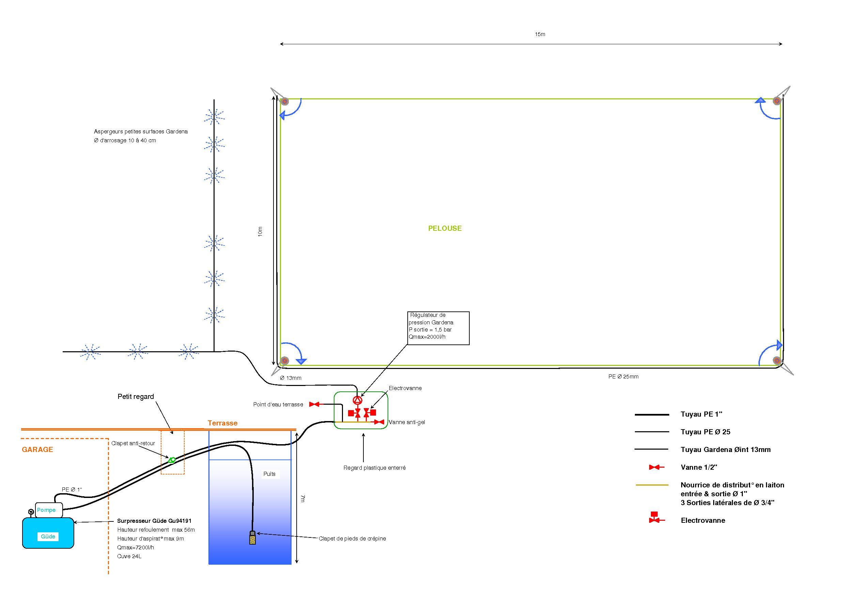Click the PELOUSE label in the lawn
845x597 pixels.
pyautogui.click(x=444, y=228)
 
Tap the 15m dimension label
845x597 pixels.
pyautogui.click(x=540, y=34)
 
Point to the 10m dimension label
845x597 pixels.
pyautogui.click(x=260, y=231)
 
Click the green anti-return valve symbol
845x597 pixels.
pyautogui.click(x=172, y=460)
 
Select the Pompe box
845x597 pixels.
pyautogui.click(x=49, y=510)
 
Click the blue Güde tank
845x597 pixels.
pyautogui.click(x=48, y=533)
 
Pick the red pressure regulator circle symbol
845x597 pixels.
pyautogui.click(x=357, y=400)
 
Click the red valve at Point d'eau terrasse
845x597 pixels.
pyautogui.click(x=314, y=404)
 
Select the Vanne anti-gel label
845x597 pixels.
pyautogui.click(x=407, y=422)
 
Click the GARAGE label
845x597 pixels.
pyautogui.click(x=37, y=450)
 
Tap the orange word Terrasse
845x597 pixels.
pyautogui.click(x=222, y=423)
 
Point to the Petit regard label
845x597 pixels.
pyautogui.click(x=136, y=397)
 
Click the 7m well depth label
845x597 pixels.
pyautogui.click(x=302, y=498)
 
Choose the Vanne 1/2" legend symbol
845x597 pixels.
pyautogui.click(x=656, y=467)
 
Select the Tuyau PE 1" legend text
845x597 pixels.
pyautogui.click(x=701, y=414)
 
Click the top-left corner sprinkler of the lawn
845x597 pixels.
pyautogui.click(x=284, y=101)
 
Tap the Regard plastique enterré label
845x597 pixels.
pyautogui.click(x=374, y=468)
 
